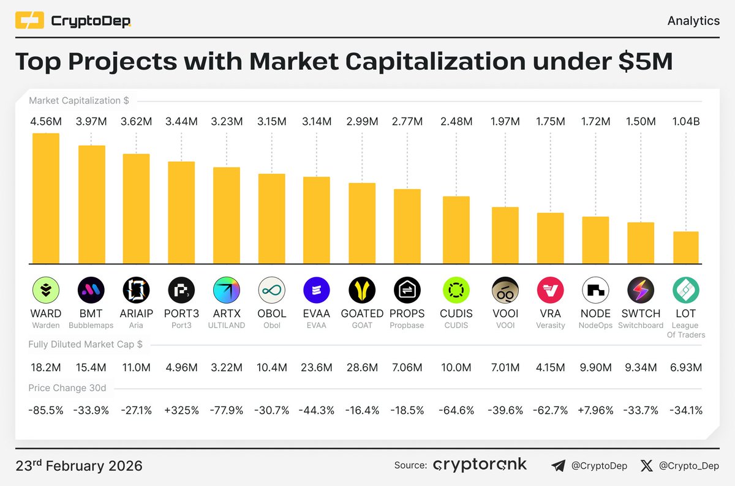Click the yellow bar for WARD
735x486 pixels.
pyautogui.click(x=46, y=198)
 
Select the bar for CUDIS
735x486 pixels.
pyautogui.click(x=456, y=230)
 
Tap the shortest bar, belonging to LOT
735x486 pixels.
pyautogui.click(x=686, y=248)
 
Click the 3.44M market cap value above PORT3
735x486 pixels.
pyautogui.click(x=181, y=122)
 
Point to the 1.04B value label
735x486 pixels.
pyautogui.click(x=686, y=122)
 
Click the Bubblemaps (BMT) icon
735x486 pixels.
pyautogui.click(x=91, y=290)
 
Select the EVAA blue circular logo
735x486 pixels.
pyautogui.click(x=317, y=290)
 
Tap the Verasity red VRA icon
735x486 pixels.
pyautogui.click(x=550, y=290)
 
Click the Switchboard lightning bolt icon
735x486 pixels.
pyautogui.click(x=641, y=290)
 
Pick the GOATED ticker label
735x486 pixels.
pyautogui.click(x=362, y=313)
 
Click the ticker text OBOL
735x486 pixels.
pyautogui.click(x=272, y=313)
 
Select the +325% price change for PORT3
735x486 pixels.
pyautogui.click(x=181, y=410)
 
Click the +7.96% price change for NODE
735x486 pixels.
pyautogui.click(x=595, y=410)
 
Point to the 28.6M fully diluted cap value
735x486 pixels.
pyautogui.click(x=362, y=367)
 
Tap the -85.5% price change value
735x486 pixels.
pyautogui.click(x=46, y=410)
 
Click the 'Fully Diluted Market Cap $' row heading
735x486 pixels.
pyautogui.click(x=85, y=345)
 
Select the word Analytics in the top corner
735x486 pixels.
pyautogui.click(x=693, y=21)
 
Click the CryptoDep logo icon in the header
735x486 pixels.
pyautogui.click(x=29, y=21)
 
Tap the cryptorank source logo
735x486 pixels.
pyautogui.click(x=480, y=465)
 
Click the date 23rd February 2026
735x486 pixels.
pyautogui.click(x=79, y=466)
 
